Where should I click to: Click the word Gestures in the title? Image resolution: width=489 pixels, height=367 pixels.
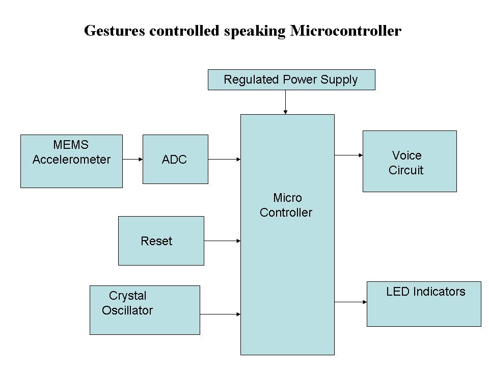click(x=115, y=31)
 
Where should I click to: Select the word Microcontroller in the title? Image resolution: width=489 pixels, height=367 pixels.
click(x=346, y=31)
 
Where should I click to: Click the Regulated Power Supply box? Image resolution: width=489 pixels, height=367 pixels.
click(x=291, y=80)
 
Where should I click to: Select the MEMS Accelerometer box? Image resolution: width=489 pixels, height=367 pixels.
click(x=71, y=161)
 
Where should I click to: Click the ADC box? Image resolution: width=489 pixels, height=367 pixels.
click(x=175, y=159)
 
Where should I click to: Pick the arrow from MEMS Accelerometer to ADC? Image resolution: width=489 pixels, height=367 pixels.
click(x=132, y=159)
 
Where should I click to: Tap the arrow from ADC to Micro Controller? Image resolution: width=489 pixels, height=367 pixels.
click(x=224, y=159)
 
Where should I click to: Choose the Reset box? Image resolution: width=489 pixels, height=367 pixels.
click(x=161, y=241)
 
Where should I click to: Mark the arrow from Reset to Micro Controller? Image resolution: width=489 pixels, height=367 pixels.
click(x=222, y=241)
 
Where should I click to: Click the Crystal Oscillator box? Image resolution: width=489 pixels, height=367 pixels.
click(x=145, y=310)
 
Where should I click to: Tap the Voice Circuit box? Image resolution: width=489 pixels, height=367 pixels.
click(x=410, y=161)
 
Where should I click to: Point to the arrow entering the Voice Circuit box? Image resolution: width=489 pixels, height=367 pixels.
click(x=348, y=155)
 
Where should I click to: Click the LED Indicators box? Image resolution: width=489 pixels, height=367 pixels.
click(x=424, y=304)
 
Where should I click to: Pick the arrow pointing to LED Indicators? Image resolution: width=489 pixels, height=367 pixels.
click(x=350, y=302)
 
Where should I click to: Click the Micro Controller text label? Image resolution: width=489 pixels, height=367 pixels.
click(x=286, y=205)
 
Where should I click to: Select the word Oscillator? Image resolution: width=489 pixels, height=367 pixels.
click(x=127, y=310)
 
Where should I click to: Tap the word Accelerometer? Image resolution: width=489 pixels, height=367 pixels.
click(x=71, y=160)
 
